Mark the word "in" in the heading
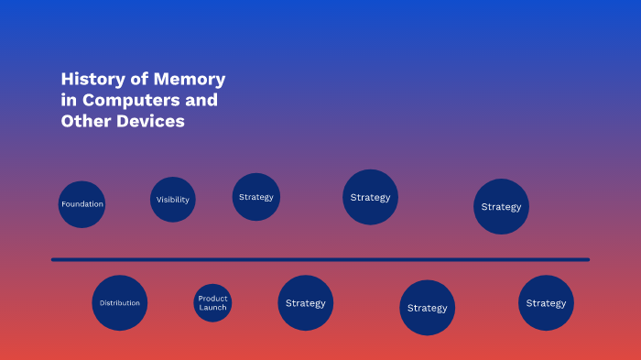69,100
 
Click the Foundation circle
81,204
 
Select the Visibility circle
173,200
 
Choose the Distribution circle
120,302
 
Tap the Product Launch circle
212,302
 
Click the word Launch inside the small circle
212,308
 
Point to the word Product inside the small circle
212,298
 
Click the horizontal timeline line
320,259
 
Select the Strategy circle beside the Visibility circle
255,197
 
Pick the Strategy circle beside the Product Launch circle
305,302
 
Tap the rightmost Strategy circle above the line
501,206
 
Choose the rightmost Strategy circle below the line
546,302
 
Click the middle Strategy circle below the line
427,308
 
